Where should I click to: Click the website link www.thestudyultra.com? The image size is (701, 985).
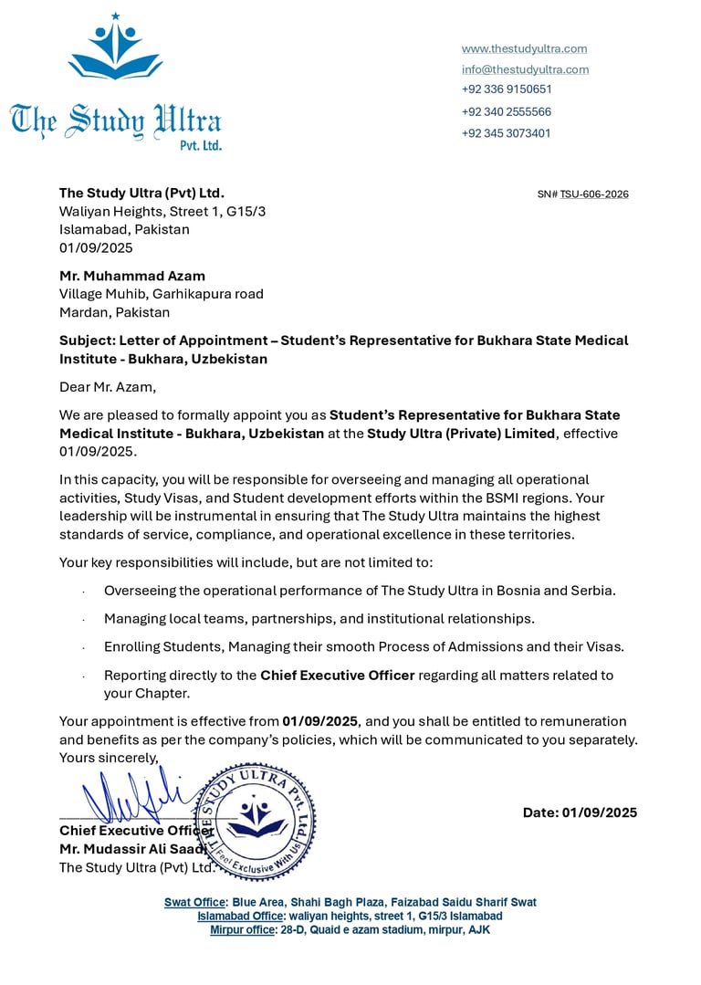point(524,48)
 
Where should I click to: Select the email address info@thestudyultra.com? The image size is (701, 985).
point(525,69)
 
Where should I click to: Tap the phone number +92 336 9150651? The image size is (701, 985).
point(507,89)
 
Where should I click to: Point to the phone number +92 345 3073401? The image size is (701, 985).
point(507,133)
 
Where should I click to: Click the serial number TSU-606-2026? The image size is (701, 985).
point(594,194)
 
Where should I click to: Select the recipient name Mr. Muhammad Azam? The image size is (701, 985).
point(132,276)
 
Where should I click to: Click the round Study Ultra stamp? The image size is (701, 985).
point(256,820)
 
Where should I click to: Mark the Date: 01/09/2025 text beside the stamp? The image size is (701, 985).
point(580,812)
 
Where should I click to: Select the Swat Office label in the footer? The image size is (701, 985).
point(194,902)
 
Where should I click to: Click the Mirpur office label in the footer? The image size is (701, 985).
point(242,929)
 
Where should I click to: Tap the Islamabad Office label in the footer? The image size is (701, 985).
point(240,916)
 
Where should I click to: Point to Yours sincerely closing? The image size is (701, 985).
point(109,758)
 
